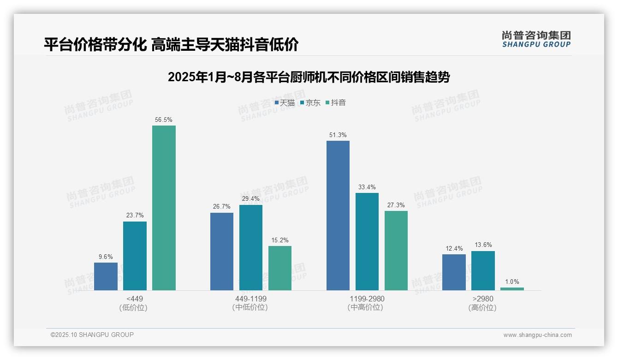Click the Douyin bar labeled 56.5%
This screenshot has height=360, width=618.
pos(164,208)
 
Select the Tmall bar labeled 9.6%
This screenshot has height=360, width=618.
pos(106,276)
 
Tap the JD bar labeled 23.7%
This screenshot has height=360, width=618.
pos(135,256)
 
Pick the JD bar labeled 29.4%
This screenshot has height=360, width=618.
pos(251,247)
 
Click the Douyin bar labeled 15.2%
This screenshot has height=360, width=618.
pos(280,268)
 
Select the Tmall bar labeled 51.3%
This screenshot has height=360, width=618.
pos(338,216)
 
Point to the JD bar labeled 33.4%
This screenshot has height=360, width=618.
pos(367,241)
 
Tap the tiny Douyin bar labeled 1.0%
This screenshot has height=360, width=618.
pos(512,289)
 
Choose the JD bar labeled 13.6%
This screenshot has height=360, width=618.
pos(483,270)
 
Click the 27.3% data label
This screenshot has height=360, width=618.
pos(396,205)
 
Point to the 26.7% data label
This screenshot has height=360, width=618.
pos(222,207)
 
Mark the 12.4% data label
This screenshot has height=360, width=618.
pos(454,249)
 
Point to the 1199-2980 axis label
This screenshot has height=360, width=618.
pos(367,299)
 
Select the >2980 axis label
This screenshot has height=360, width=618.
pos(483,299)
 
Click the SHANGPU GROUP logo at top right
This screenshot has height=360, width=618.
pos(536,39)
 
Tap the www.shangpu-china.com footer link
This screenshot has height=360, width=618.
pos(537,335)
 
